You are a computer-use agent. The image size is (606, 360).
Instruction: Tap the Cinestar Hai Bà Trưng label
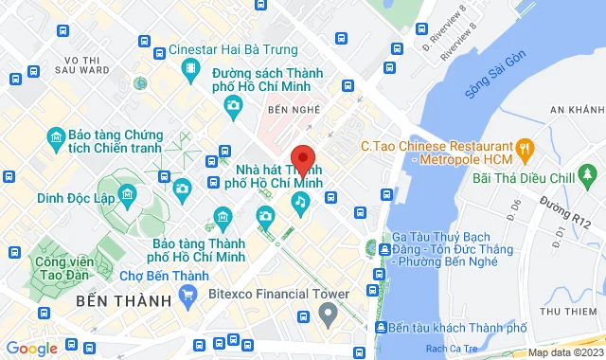(236, 49)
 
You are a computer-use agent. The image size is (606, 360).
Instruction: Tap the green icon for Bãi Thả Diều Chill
(590, 174)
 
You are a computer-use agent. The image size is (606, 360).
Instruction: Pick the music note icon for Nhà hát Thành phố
(300, 200)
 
